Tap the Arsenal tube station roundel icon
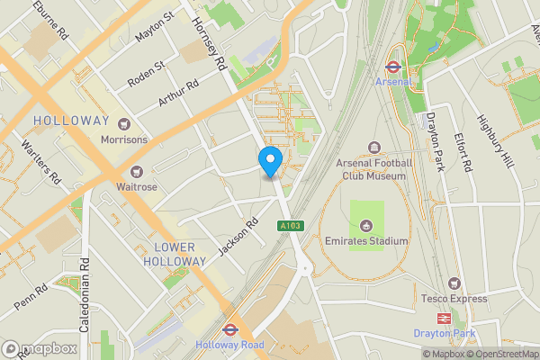pos(392,67)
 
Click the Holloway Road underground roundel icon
pos(229,329)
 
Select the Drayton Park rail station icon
pos(444,319)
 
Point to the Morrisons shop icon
pos(124,124)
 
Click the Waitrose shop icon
pos(137,171)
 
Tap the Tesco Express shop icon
pos(454,283)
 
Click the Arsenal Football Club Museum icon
pos(373,148)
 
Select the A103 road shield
pos(291,226)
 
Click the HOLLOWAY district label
pos(70,121)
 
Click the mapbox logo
pos(39,348)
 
